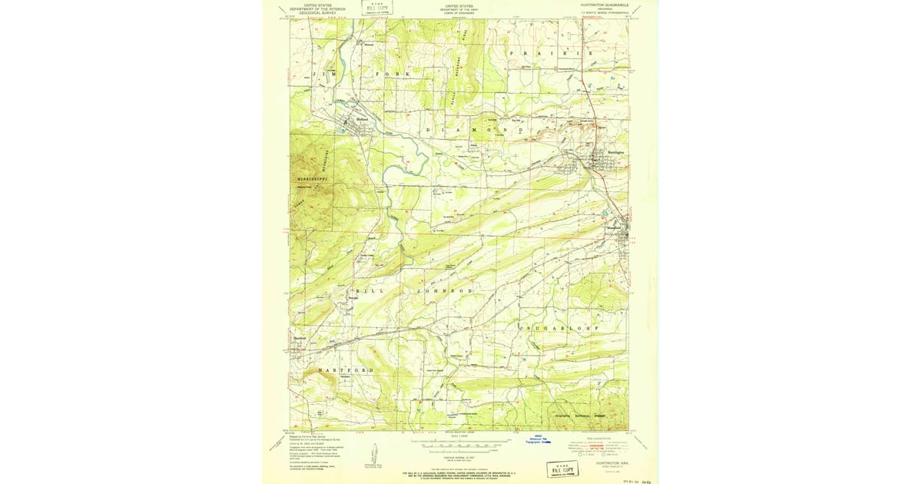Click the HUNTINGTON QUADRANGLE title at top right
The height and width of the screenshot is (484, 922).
coord(605,4)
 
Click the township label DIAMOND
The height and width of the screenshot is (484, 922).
coord(473,131)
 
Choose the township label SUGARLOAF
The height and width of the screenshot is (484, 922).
coord(569,327)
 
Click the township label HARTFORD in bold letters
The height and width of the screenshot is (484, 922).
coord(346,370)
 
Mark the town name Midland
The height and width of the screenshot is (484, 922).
coord(363,119)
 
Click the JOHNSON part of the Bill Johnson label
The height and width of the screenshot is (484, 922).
coord(445,292)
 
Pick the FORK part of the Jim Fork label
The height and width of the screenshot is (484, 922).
coord(393,73)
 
